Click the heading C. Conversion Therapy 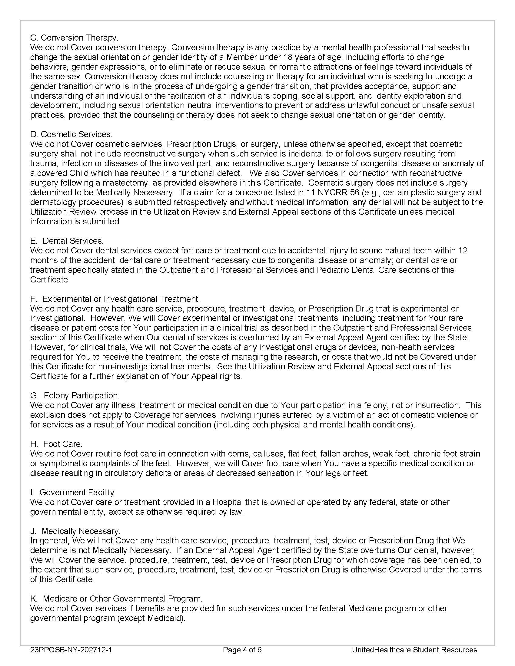point(74,38)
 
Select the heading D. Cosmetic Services point(71,134)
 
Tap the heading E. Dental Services point(67,241)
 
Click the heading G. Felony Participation point(75,396)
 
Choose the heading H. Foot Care point(56,444)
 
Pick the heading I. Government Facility point(73,492)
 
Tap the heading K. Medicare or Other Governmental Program point(116,598)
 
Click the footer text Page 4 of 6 point(242,650)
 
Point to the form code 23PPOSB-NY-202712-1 point(71,650)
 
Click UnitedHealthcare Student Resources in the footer point(414,650)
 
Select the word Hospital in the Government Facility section point(228,502)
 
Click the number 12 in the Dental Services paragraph point(463,250)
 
